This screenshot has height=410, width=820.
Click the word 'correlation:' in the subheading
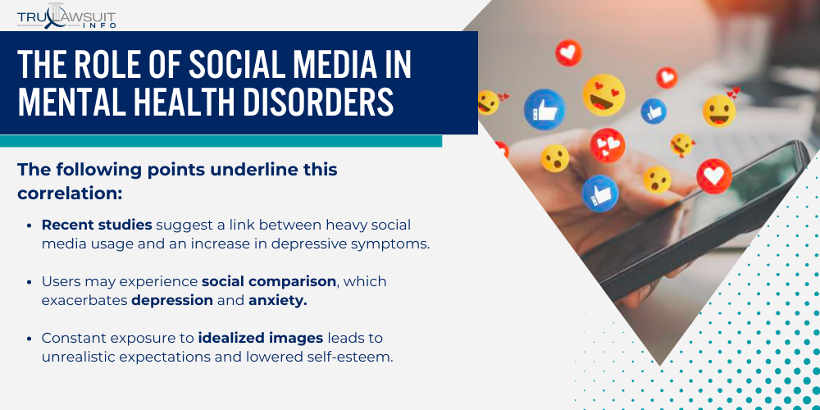pos(70,194)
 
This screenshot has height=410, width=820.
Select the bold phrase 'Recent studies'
pos(97,225)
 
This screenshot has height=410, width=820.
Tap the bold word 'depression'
pos(172,300)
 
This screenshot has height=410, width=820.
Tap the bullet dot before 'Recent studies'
pos(30,225)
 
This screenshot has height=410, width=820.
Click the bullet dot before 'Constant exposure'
pos(30,339)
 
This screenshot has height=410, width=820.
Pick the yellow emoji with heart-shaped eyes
pos(604,94)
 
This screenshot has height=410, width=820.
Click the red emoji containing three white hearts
pos(608,145)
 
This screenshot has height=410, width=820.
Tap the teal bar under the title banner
pos(221,141)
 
